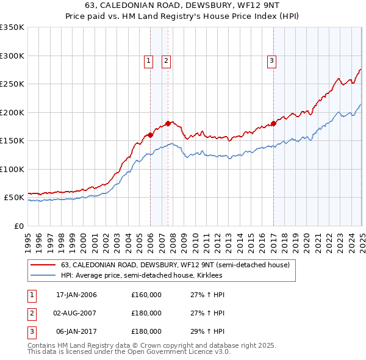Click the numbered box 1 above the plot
[x=148, y=60]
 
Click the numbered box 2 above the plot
[x=166, y=60]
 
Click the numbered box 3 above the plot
[x=271, y=60]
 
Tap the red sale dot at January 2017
[x=273, y=124]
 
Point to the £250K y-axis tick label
[x=12, y=84]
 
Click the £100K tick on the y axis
[x=12, y=169]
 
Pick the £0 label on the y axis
[x=18, y=226]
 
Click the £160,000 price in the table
[x=146, y=295]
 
